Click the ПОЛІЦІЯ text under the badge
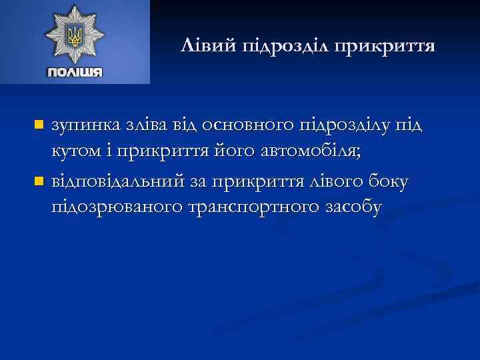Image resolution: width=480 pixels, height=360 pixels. coord(75,71)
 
